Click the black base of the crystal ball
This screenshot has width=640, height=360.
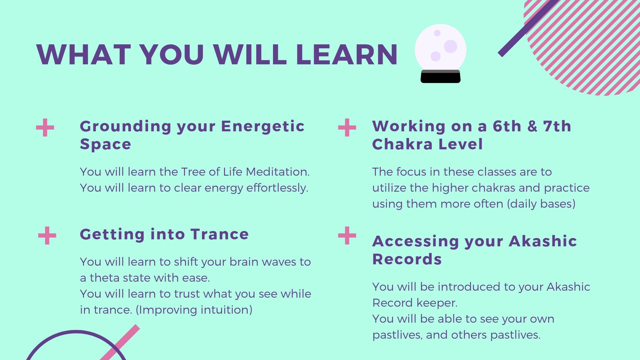click(440, 77)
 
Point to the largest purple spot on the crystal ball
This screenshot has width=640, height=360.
click(451, 46)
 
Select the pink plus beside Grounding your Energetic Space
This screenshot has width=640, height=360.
click(45, 128)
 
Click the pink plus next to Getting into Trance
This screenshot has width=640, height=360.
click(47, 236)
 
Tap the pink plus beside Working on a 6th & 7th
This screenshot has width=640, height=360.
click(347, 128)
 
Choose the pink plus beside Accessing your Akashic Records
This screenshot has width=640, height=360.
click(347, 236)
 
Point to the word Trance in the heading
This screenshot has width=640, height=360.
click(220, 234)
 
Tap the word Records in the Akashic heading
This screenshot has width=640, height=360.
click(407, 259)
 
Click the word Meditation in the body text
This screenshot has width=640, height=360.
click(278, 172)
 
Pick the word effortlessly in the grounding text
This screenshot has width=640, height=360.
click(277, 188)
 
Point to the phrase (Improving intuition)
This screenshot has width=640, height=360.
click(194, 310)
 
